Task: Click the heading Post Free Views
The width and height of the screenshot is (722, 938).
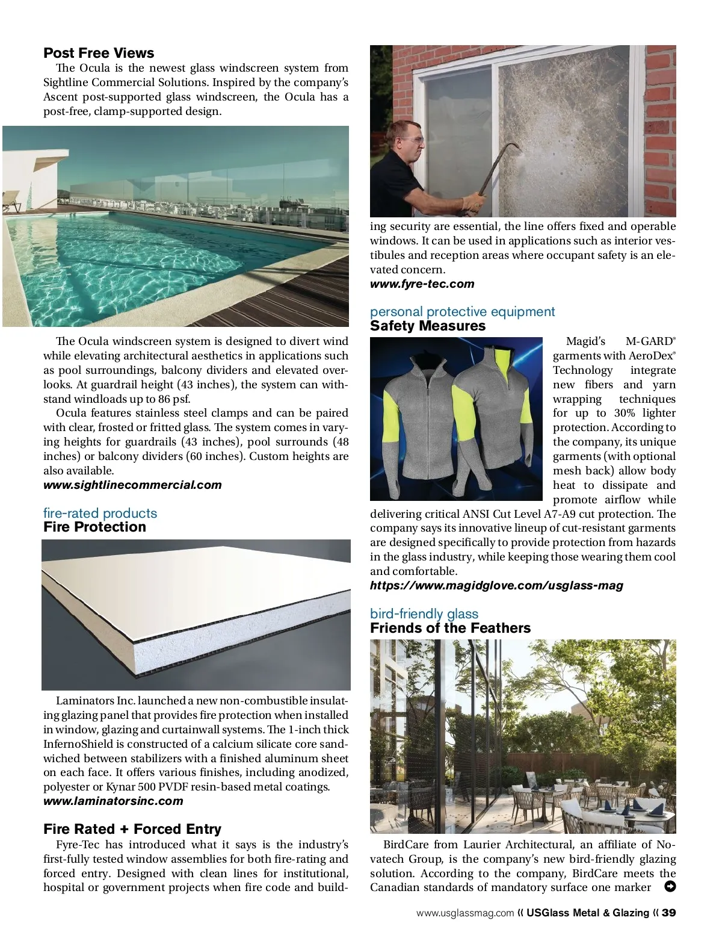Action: pyautogui.click(x=99, y=53)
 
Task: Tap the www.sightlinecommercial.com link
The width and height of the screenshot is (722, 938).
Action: pyautogui.click(x=132, y=485)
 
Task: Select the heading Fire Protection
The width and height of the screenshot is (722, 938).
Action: pyautogui.click(x=94, y=527)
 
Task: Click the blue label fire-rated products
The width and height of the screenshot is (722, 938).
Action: pyautogui.click(x=100, y=514)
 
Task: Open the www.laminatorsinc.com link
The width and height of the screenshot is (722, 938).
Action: pyautogui.click(x=113, y=801)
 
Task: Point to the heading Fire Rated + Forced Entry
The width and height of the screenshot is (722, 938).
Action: pyautogui.click(x=132, y=829)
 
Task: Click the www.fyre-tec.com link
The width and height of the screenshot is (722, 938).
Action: pyautogui.click(x=422, y=284)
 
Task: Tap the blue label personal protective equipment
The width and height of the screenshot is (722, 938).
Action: pyautogui.click(x=462, y=312)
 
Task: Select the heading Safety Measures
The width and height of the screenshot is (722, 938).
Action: pyautogui.click(x=427, y=326)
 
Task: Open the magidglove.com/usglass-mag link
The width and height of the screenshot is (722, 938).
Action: pyautogui.click(x=496, y=586)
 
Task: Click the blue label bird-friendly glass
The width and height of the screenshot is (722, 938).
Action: pyautogui.click(x=424, y=614)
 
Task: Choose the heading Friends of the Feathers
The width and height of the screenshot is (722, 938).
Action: pyautogui.click(x=450, y=629)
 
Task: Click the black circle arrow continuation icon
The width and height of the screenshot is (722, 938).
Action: pyautogui.click(x=670, y=886)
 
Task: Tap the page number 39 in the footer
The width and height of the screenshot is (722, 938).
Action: pyautogui.click(x=669, y=913)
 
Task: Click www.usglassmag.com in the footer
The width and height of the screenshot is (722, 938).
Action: pyautogui.click(x=465, y=913)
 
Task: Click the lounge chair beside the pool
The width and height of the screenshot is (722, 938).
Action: pyautogui.click(x=12, y=201)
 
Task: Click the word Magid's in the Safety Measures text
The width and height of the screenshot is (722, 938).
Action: pyautogui.click(x=585, y=342)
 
